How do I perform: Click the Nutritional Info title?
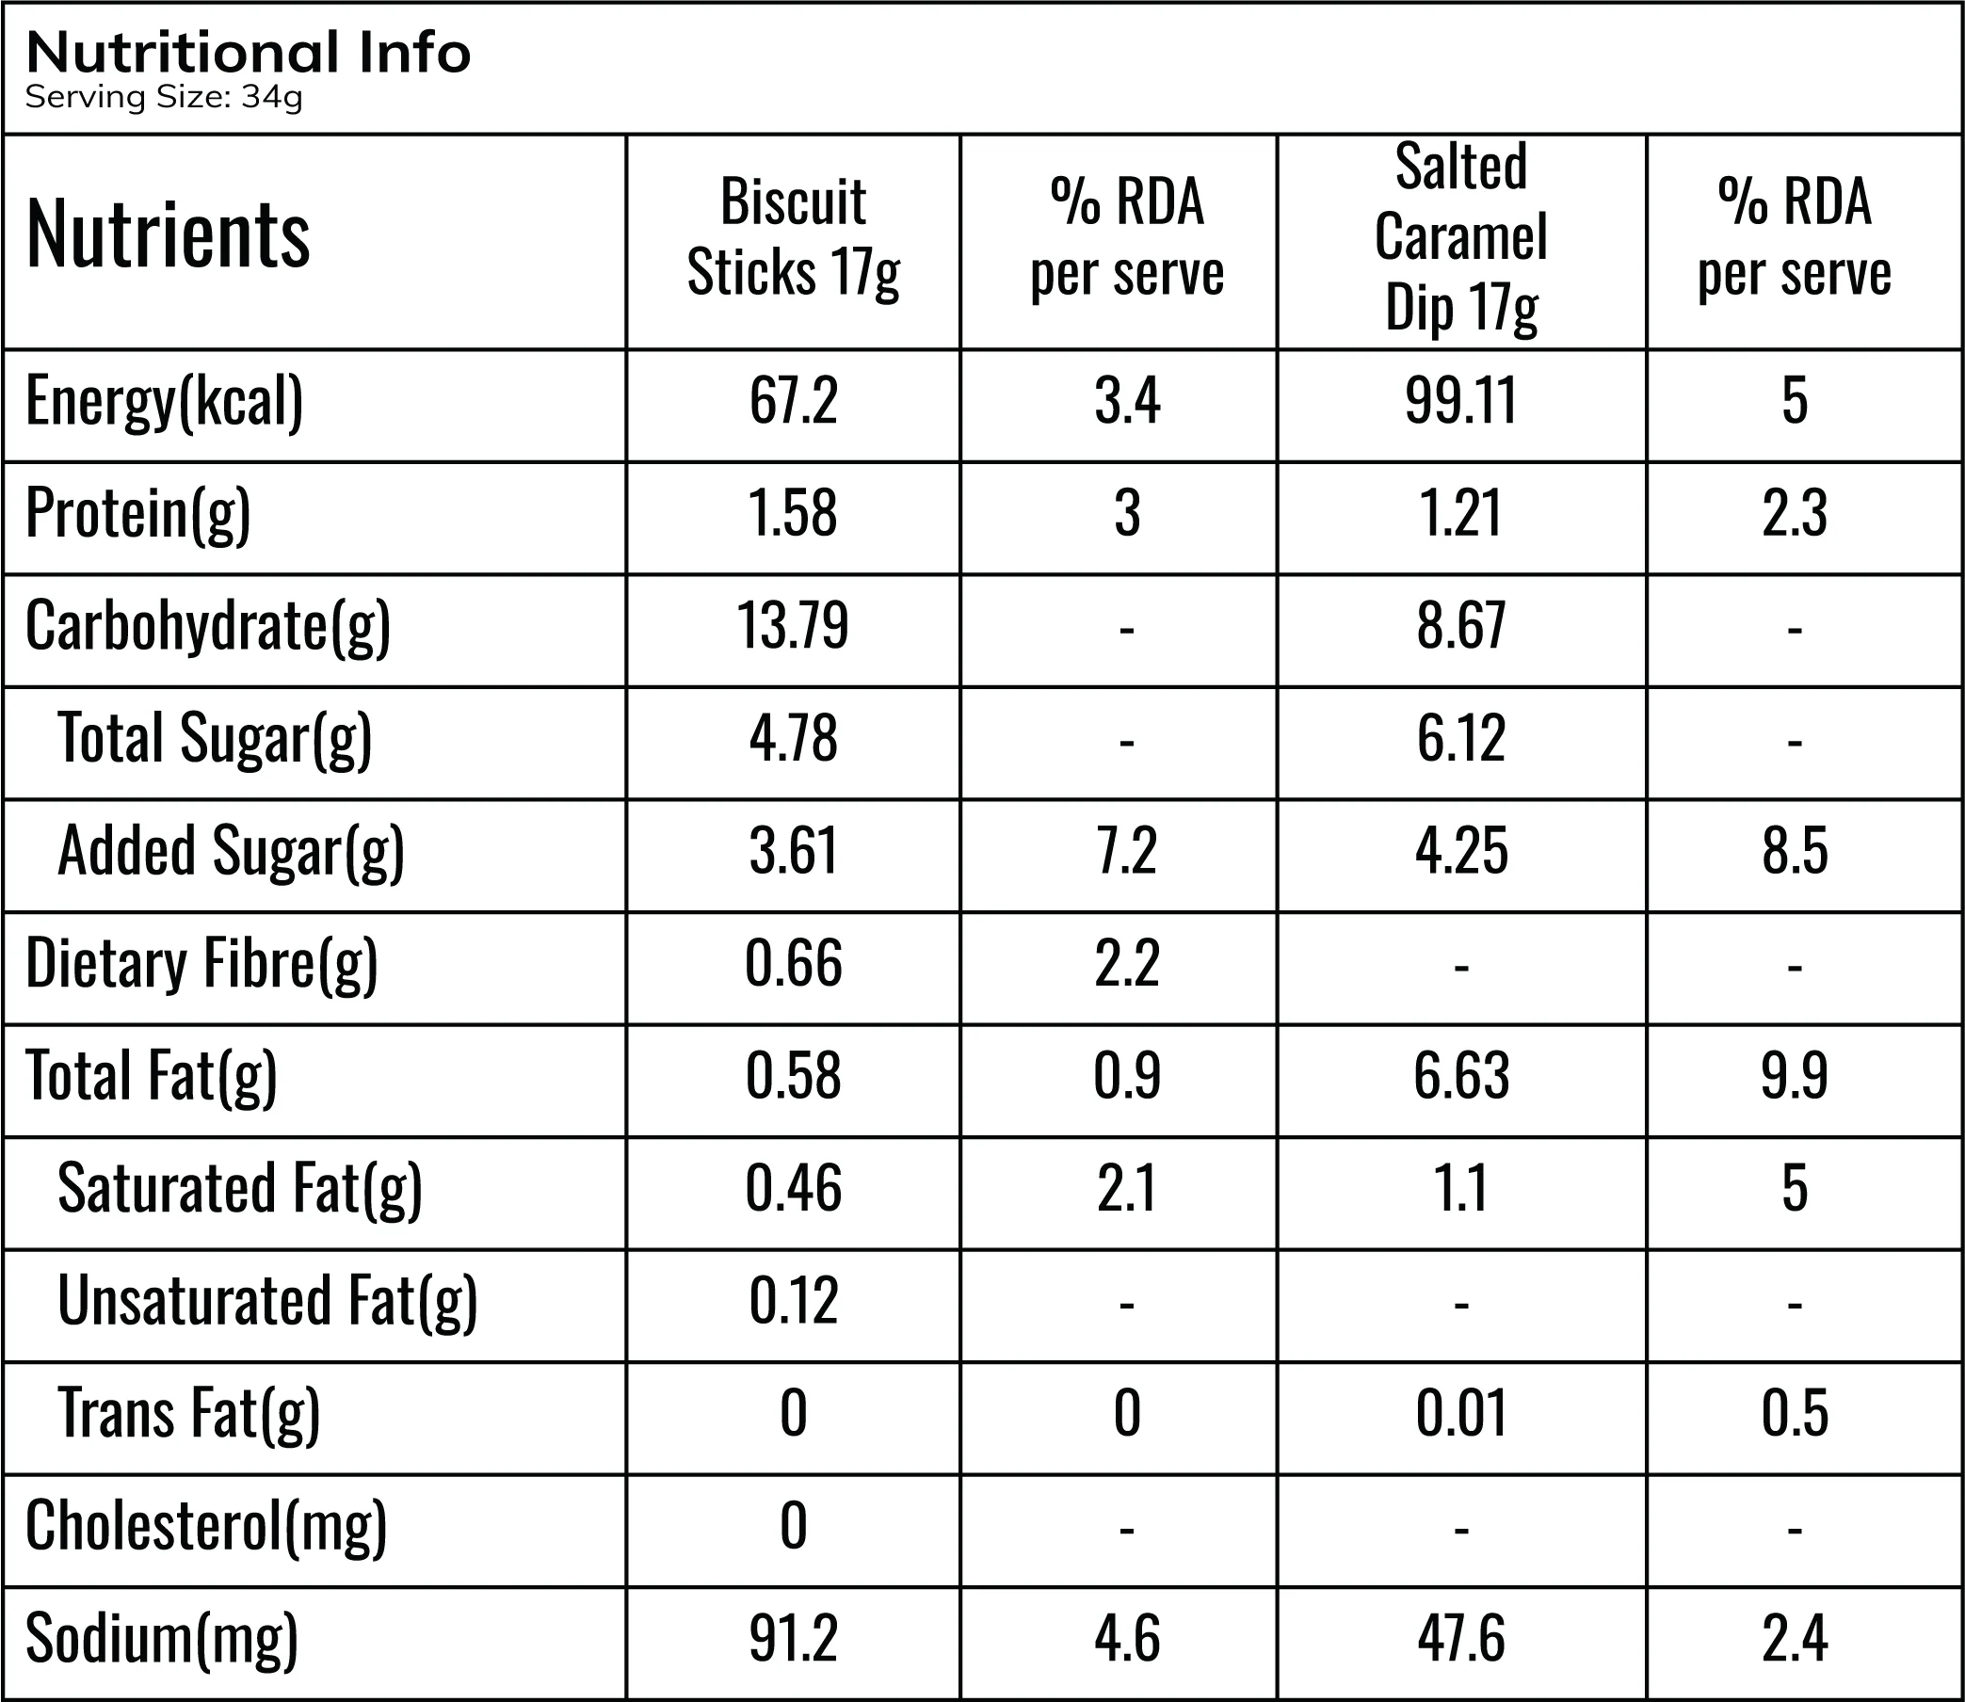click(x=248, y=53)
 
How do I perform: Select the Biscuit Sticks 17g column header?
click(x=793, y=237)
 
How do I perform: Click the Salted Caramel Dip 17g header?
click(x=1460, y=237)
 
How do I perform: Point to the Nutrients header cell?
click(x=169, y=233)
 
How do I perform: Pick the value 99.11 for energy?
click(x=1460, y=400)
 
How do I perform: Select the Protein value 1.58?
click(x=793, y=513)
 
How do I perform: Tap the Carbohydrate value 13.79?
click(x=793, y=625)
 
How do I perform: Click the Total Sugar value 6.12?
click(x=1460, y=738)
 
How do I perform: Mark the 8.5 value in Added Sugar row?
click(x=1794, y=850)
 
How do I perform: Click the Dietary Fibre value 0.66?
click(x=793, y=963)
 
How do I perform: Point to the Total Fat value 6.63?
click(x=1460, y=1075)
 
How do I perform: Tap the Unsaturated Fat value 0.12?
click(x=793, y=1300)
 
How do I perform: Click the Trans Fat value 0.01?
click(x=1460, y=1412)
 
